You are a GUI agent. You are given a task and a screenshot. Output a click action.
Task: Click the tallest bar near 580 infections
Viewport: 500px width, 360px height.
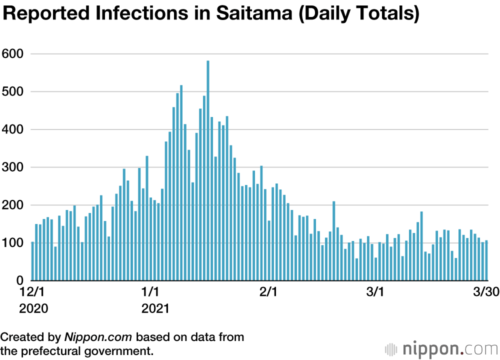click(x=208, y=170)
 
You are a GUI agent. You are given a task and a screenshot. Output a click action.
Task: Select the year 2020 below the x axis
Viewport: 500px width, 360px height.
click(x=34, y=308)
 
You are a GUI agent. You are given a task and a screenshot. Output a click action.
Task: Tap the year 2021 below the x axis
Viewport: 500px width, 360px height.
click(x=155, y=308)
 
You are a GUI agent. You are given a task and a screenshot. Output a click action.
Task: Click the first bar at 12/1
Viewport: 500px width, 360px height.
click(x=32, y=261)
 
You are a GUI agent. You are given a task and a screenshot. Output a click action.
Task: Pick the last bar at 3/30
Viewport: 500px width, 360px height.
click(x=485, y=260)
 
